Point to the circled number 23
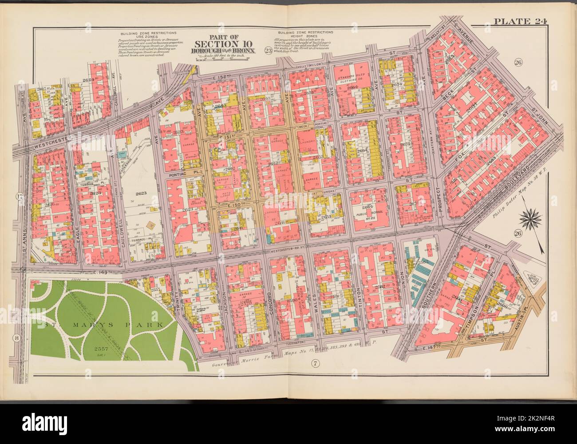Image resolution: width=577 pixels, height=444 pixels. pyautogui.click(x=268, y=50)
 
